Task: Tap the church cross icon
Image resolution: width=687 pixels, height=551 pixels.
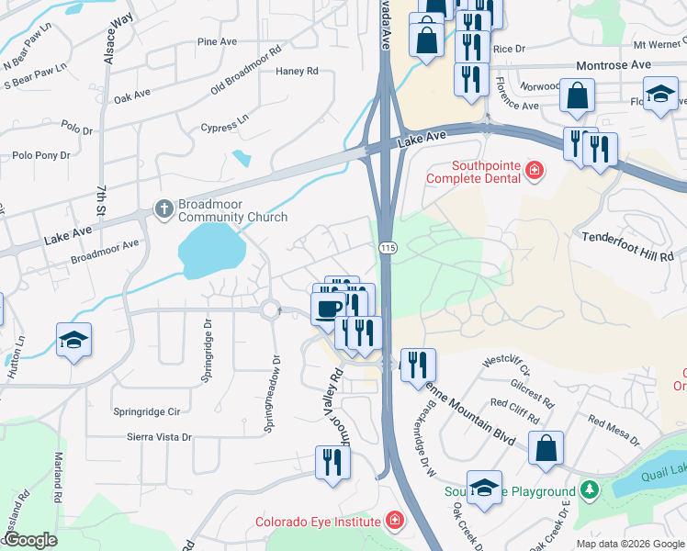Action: click(x=163, y=208)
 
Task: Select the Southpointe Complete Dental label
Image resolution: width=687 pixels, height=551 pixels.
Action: click(x=472, y=170)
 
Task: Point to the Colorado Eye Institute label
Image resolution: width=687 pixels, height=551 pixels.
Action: click(x=318, y=523)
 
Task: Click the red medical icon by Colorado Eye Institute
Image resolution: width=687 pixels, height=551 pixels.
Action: click(x=395, y=522)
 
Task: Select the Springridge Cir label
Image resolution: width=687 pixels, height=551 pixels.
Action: click(x=146, y=412)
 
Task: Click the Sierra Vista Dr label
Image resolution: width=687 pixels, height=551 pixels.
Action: click(x=159, y=438)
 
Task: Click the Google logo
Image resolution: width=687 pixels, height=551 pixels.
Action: click(x=30, y=540)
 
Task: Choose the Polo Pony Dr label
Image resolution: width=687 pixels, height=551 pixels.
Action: click(x=39, y=155)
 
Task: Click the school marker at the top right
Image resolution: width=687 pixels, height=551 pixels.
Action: click(x=660, y=94)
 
